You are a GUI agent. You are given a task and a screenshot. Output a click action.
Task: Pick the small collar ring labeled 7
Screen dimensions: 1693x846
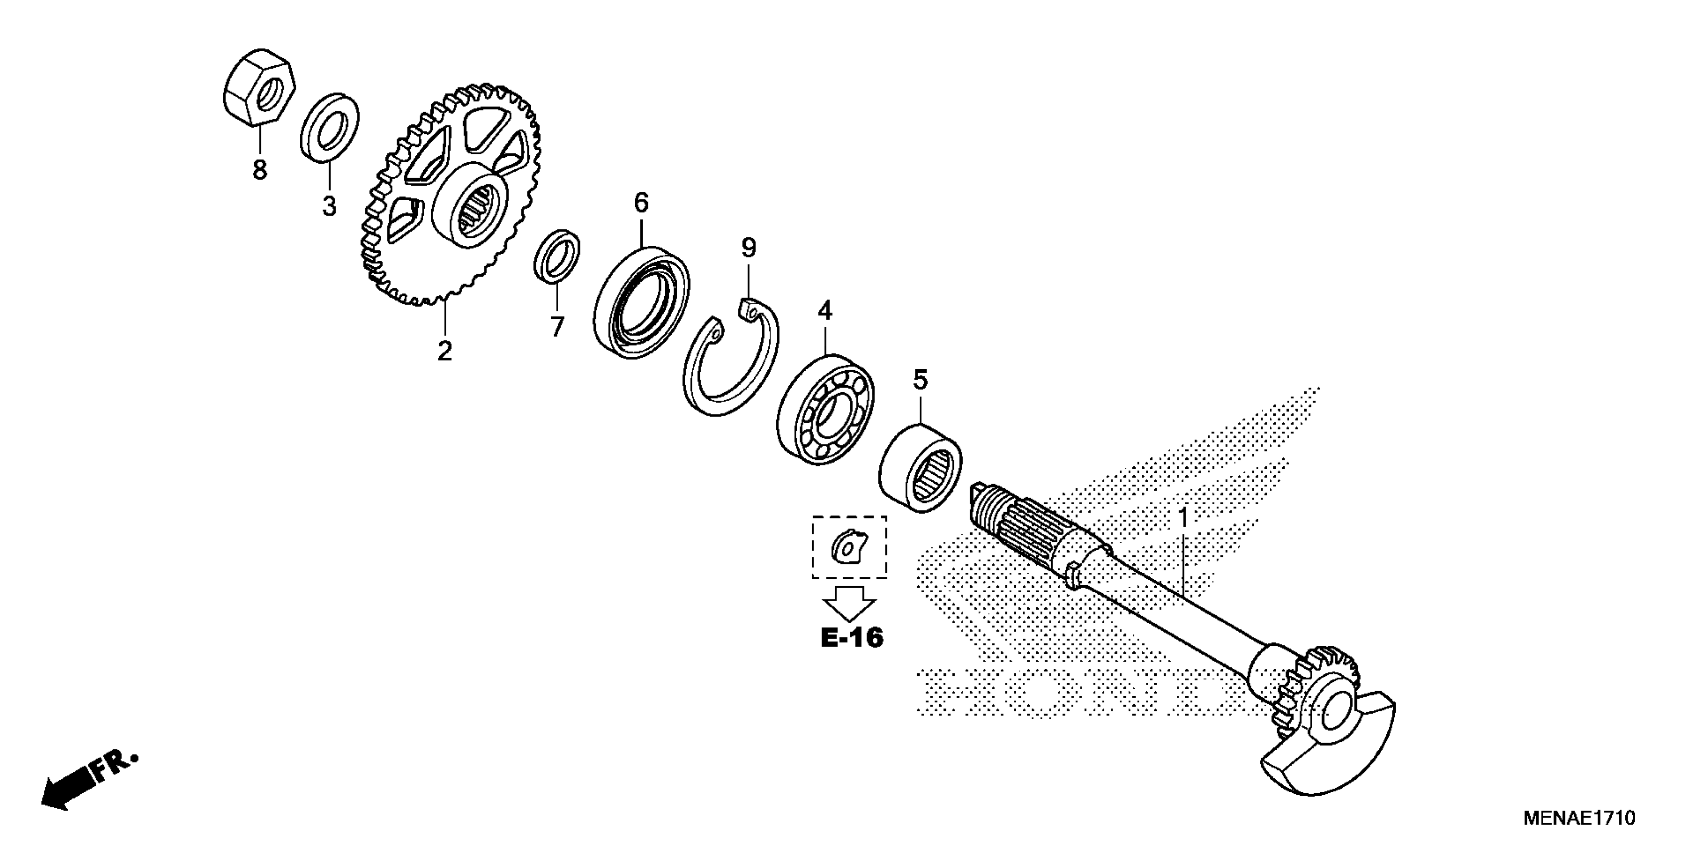557,256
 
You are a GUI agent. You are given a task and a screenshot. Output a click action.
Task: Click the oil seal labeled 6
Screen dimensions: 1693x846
641,302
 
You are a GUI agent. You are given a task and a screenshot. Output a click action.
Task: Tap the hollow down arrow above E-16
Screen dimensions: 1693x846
850,602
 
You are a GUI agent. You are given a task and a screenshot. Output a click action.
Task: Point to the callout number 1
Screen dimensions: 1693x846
1183,519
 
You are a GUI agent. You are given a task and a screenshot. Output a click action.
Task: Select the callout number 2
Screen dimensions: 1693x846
445,351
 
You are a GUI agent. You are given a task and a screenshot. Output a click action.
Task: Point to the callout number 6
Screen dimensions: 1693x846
641,203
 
